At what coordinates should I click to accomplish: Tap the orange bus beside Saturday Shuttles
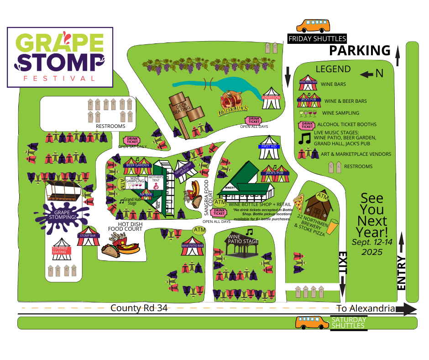point(312,323)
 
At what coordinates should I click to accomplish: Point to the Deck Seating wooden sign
point(185,111)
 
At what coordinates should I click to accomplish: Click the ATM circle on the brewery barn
point(322,197)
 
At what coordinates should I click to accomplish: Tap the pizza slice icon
point(298,201)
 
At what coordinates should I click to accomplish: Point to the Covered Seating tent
point(60,249)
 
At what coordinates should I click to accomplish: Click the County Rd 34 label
point(139,308)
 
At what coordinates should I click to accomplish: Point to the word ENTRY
point(401,273)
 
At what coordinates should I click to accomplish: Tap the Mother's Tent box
point(155,181)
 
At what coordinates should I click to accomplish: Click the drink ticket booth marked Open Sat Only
point(132,140)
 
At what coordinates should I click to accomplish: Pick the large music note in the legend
point(304,138)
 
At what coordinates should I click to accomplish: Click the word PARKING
point(360,50)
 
